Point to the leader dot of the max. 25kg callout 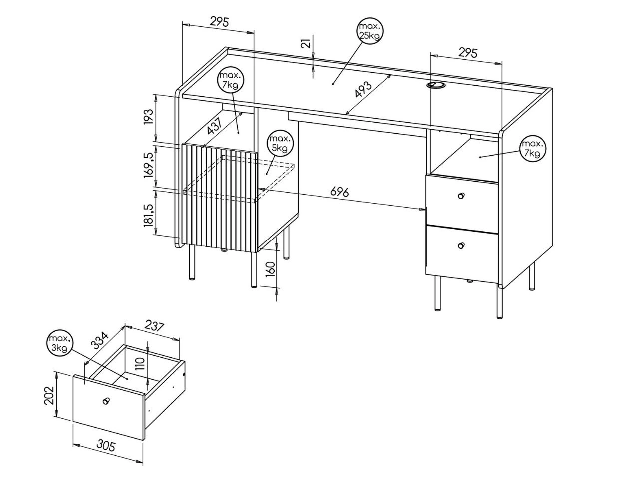tap(333, 84)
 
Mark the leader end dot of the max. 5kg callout tap(267, 174)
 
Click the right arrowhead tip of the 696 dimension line tap(425, 209)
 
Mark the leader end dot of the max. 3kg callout tap(127, 379)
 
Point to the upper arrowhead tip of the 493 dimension tap(391, 75)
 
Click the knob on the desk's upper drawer tap(461, 196)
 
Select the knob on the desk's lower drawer tap(461, 246)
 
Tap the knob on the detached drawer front tap(106, 401)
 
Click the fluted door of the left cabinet tap(219, 198)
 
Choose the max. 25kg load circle tap(370, 31)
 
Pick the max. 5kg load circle tap(281, 143)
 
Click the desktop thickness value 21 tap(306, 43)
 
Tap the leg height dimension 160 tap(271, 269)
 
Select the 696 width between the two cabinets tap(340, 192)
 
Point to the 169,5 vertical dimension tap(149, 165)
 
